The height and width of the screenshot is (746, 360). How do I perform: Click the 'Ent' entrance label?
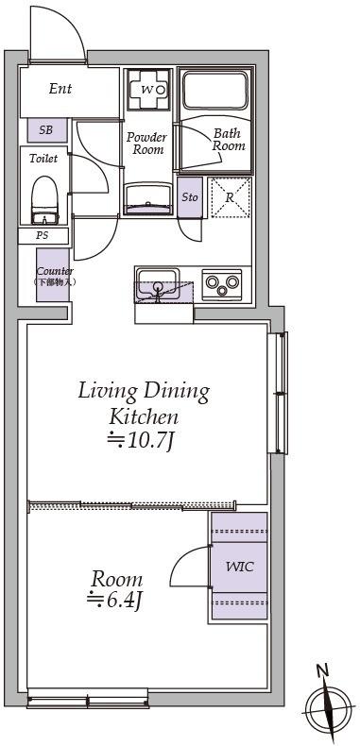point(60,89)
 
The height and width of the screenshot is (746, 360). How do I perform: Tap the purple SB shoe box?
point(46,130)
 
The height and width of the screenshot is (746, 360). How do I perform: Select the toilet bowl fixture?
point(44,200)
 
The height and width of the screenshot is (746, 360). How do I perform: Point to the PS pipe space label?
point(43,235)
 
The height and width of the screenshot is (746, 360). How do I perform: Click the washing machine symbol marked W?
point(148,90)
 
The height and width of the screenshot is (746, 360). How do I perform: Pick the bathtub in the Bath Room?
point(215,90)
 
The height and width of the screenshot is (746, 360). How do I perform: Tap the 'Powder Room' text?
point(147,144)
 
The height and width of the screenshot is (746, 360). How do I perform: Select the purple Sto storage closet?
point(190,197)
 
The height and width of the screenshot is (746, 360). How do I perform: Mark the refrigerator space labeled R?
point(231,197)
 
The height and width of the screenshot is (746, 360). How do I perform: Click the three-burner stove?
point(222,284)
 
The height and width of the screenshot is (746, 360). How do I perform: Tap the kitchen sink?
point(158,284)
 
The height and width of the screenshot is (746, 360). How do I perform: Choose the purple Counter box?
point(53,275)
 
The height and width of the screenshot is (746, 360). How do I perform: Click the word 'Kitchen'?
point(144,417)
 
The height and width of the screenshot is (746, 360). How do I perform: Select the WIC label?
point(239,567)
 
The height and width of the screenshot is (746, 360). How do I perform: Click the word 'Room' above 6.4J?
point(116,580)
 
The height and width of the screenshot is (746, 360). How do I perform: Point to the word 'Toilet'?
point(43,159)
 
